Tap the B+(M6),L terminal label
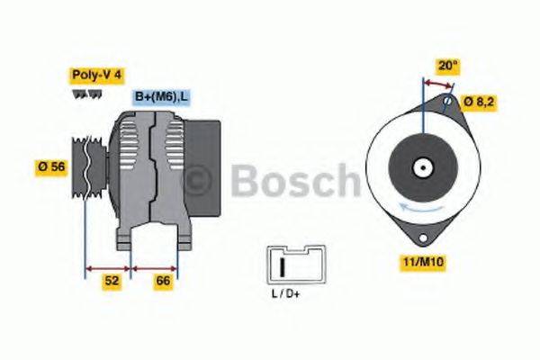pos(160,96)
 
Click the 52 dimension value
pos(111,282)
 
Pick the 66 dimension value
pos(163,282)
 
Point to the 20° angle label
pos(447,65)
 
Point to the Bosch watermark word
pos(293,180)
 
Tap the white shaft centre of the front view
pos(421,167)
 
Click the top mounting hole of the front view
pos(448,102)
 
